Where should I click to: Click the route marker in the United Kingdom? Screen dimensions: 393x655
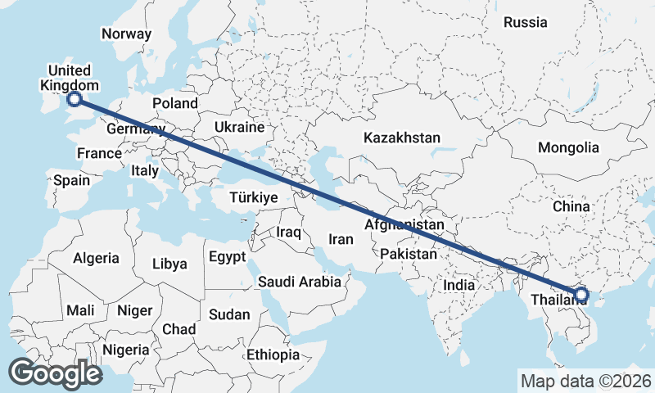(x=75, y=99)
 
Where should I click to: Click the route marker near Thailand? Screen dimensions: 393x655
(x=581, y=294)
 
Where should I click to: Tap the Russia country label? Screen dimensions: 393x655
(x=525, y=23)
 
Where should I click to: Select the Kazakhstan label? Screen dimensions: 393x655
(x=403, y=138)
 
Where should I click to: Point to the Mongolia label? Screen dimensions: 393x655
(x=568, y=148)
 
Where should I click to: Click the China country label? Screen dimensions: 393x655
(x=571, y=207)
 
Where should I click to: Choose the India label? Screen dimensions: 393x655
(x=459, y=286)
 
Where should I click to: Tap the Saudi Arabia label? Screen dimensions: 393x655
(x=299, y=282)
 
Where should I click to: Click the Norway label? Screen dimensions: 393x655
(x=126, y=34)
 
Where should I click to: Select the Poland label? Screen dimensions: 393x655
(x=175, y=103)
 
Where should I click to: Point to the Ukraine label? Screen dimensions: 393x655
(x=239, y=128)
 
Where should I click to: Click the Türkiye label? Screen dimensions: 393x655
(x=255, y=198)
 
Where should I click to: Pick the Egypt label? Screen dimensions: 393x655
(x=227, y=257)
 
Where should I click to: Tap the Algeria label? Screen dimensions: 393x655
(x=96, y=258)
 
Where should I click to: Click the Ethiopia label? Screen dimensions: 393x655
(x=273, y=355)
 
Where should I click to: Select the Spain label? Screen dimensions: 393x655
(x=72, y=180)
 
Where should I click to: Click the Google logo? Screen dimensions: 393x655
(x=55, y=373)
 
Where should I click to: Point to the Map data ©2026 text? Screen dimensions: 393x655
(x=585, y=381)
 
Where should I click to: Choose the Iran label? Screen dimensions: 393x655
(x=341, y=240)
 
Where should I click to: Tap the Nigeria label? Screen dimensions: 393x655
(x=126, y=350)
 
